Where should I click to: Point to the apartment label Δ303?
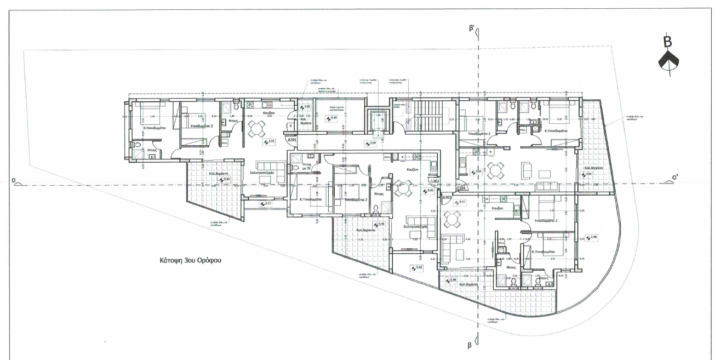tap(448, 197)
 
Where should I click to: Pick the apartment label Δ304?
tap(461, 188)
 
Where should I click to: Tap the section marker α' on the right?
tap(677, 177)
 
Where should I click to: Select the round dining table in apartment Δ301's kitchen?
tap(256, 130)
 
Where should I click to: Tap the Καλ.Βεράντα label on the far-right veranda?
tap(594, 168)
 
